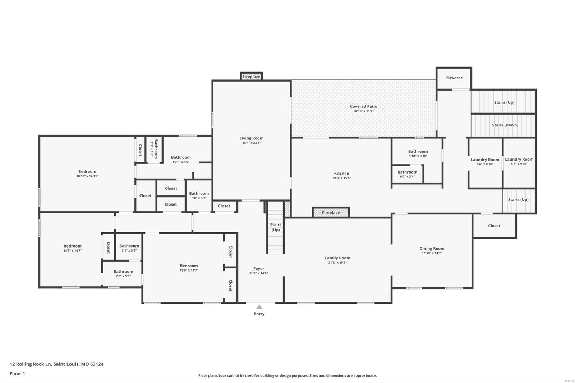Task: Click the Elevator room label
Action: point(454,78)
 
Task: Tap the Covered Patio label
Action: point(363,106)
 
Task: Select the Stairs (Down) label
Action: point(505,125)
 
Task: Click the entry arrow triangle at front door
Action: point(259,307)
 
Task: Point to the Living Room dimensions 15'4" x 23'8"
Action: point(251,143)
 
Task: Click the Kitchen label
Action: point(341,173)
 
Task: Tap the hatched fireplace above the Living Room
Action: point(251,77)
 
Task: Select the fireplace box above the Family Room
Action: point(331,213)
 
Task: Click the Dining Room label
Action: point(432,248)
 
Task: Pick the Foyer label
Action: point(258,268)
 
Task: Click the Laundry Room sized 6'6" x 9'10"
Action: point(485,160)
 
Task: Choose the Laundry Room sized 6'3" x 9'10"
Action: point(519,159)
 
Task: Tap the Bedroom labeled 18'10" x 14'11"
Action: point(87,171)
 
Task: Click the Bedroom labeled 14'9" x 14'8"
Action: point(72,246)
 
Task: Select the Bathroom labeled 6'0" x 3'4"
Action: point(407,172)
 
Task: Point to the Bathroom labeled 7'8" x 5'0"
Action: point(123,272)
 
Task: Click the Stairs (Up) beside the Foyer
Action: point(276,227)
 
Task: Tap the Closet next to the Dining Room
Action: point(494,226)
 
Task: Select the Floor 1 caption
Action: point(17,374)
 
